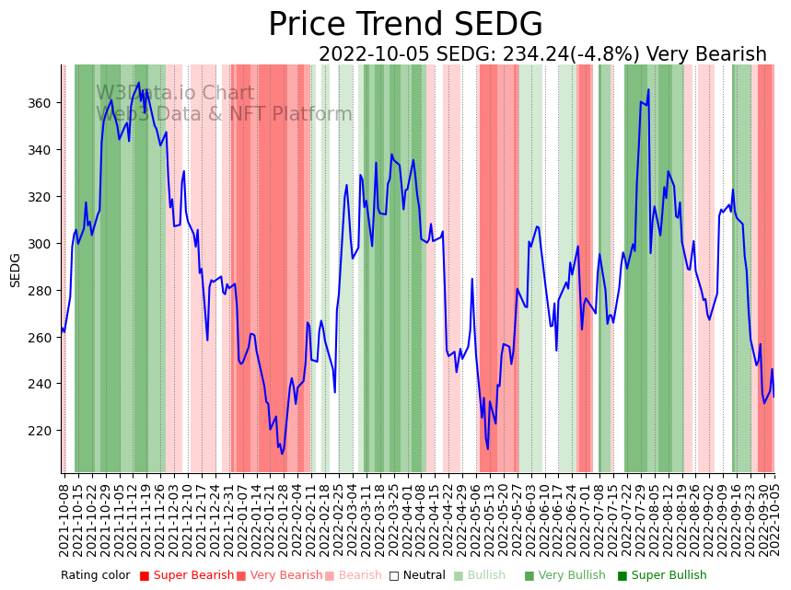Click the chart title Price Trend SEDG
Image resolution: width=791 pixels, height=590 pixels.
tap(405, 25)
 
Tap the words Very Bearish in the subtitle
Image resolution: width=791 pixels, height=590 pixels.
tap(706, 54)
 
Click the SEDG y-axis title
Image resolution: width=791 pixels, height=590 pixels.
tap(16, 270)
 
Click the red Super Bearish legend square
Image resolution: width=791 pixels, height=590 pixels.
tap(145, 576)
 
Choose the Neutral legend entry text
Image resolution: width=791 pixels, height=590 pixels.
tap(424, 576)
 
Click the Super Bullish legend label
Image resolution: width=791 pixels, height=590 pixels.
tap(668, 576)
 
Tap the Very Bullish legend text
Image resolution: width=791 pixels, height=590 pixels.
tap(572, 576)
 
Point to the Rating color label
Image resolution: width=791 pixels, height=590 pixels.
tap(96, 576)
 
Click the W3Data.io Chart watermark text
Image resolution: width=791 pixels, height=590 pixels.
tap(175, 93)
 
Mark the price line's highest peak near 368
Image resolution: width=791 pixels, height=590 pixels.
tap(139, 83)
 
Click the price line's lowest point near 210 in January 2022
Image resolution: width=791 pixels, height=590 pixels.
tap(282, 454)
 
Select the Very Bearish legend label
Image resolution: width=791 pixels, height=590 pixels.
tap(285, 576)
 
